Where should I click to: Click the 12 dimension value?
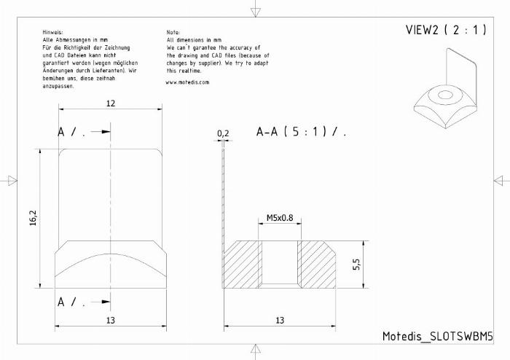(x=111, y=103)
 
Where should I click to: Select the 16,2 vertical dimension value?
(x=34, y=218)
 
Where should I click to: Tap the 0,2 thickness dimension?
(x=223, y=133)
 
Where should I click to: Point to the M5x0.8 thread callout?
(x=280, y=218)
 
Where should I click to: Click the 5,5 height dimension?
(x=356, y=264)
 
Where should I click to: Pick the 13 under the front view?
(x=111, y=321)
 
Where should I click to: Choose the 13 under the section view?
(x=280, y=321)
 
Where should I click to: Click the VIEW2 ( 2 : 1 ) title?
(x=446, y=30)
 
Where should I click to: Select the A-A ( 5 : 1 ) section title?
(x=301, y=132)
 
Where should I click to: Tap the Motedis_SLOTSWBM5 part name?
(x=437, y=336)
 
